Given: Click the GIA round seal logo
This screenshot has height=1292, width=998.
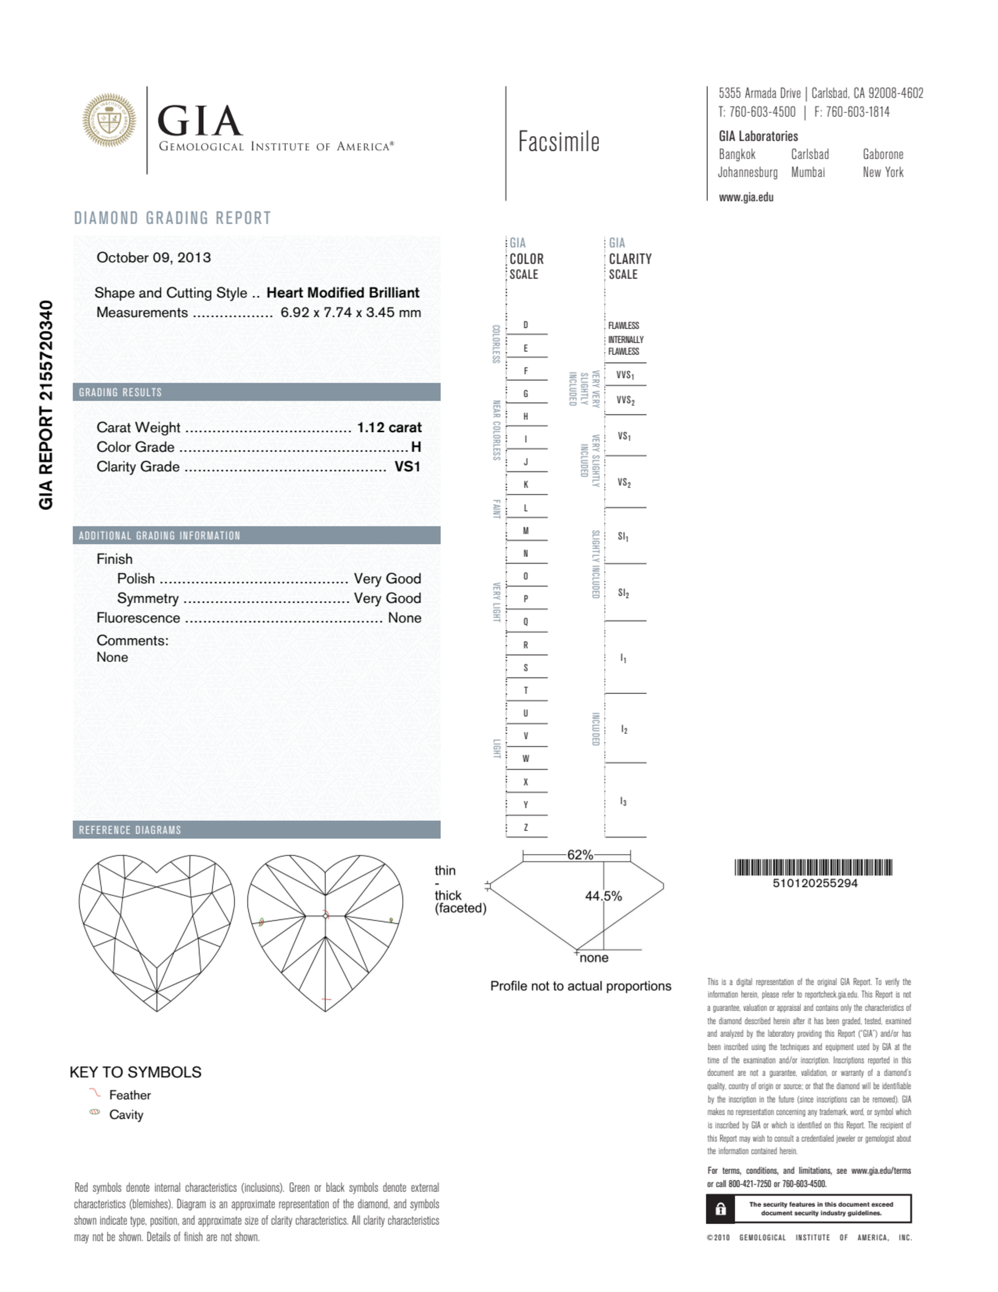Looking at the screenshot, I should tap(109, 120).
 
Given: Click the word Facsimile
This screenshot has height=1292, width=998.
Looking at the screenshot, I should tap(559, 142).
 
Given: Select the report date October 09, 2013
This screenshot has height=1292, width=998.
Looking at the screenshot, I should tap(153, 257).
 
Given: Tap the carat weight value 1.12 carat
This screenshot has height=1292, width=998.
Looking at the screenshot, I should tap(389, 427).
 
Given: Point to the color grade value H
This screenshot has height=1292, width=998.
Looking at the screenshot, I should tap(416, 447).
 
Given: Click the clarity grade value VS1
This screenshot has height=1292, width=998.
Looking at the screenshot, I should tap(407, 467).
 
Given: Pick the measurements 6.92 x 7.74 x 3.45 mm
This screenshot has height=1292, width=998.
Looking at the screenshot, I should tap(350, 312).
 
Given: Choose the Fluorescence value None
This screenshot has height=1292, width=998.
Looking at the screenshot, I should tap(404, 618).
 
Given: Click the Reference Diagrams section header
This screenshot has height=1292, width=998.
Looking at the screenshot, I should tap(130, 830).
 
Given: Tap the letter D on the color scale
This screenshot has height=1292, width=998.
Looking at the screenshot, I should tap(525, 325).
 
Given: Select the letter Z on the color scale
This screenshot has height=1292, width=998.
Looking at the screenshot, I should tap(525, 828).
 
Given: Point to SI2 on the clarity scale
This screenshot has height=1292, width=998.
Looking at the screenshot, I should tap(623, 593).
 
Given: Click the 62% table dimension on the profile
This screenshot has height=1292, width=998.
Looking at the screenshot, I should tap(579, 855).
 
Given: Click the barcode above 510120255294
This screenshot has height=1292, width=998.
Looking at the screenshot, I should tap(813, 867).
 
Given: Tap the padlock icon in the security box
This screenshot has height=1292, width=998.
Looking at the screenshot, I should tap(721, 1209).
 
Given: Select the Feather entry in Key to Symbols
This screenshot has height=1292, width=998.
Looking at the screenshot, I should tap(130, 1095).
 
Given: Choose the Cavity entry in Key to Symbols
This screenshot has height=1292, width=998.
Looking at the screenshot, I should tap(126, 1114).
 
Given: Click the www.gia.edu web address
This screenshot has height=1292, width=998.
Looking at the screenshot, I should tap(746, 198).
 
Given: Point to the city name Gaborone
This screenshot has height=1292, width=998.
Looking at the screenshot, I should tap(883, 155).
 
